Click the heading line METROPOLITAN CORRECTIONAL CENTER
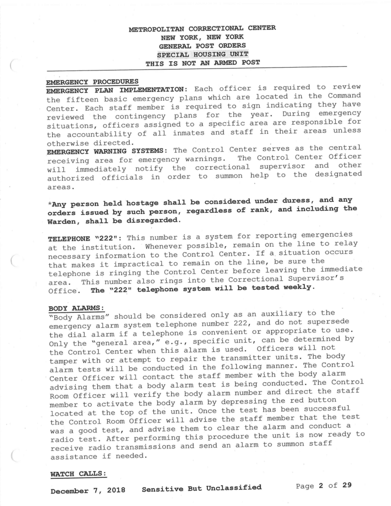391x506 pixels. [x=203, y=28]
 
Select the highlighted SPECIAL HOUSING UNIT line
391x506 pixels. [x=202, y=55]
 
